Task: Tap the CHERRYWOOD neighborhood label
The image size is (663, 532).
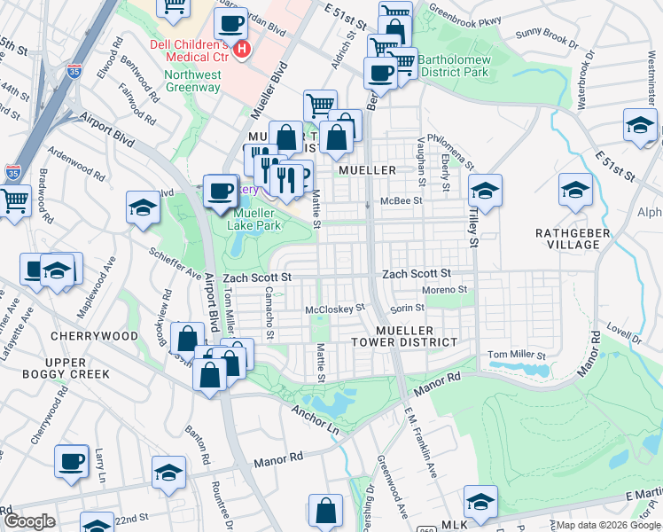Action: (95, 336)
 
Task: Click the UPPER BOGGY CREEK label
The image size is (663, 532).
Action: (66, 368)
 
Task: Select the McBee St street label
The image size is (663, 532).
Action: (401, 201)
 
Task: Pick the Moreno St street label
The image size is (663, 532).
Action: (444, 290)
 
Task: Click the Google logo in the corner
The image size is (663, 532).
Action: (29, 521)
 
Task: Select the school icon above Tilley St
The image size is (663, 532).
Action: (485, 191)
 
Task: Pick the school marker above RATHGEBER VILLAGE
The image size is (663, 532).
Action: (575, 191)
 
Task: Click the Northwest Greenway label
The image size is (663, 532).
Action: (192, 82)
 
